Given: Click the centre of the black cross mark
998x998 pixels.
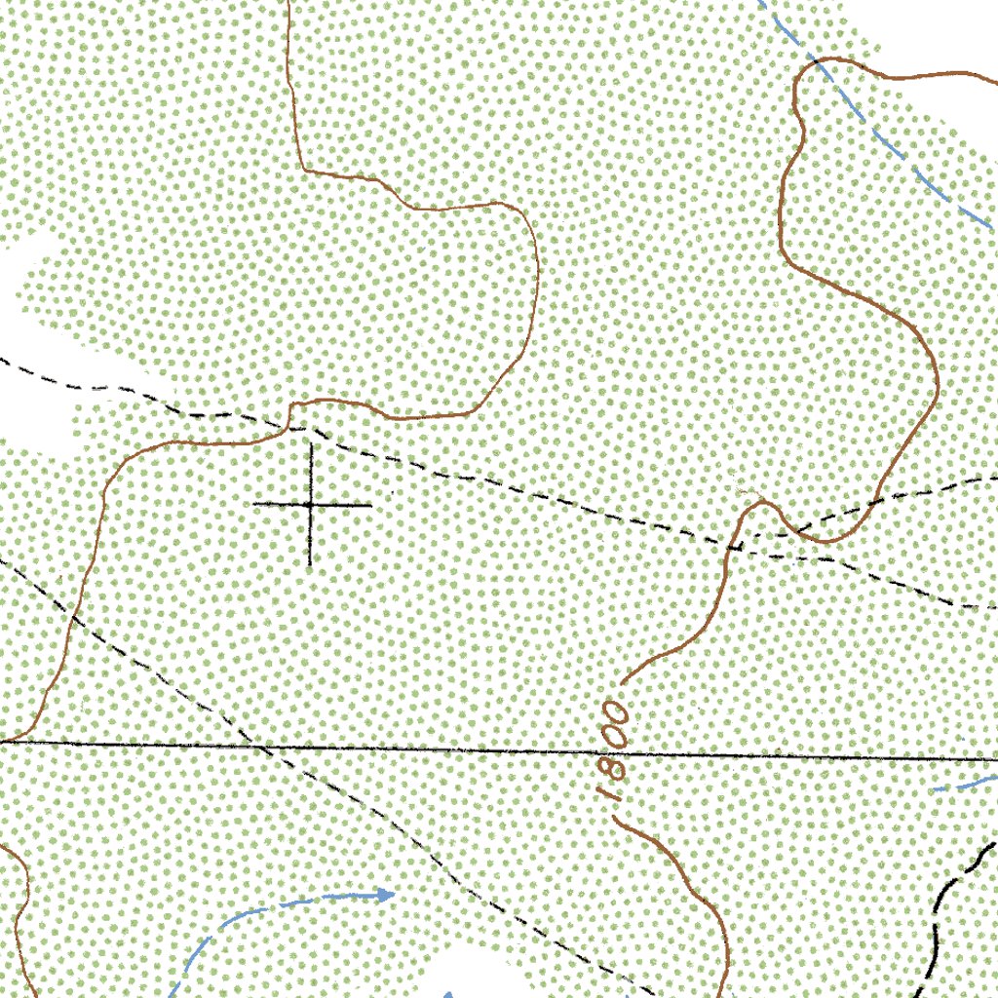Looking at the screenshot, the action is click(311, 505).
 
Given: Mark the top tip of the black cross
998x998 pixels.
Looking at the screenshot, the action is click(311, 444).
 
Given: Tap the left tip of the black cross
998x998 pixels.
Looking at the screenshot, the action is click(254, 505).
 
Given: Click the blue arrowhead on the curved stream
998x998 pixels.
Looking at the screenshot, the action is click(386, 893).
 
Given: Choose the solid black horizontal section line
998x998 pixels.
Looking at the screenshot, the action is click(487, 750).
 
